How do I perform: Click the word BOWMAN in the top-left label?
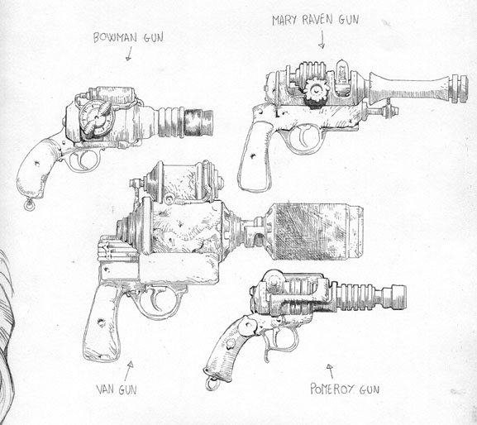(x=115, y=38)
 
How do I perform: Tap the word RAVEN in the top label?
(x=317, y=20)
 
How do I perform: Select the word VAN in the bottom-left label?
(x=106, y=389)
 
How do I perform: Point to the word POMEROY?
(x=332, y=389)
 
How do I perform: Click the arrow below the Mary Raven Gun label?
(x=322, y=41)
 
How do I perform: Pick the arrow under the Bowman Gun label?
(x=129, y=54)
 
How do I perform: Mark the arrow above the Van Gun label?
(x=129, y=371)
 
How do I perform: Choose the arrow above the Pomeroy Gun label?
(x=330, y=371)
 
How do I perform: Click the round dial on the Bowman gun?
(x=97, y=117)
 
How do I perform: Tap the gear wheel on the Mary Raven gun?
(x=317, y=90)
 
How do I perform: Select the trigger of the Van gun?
(x=157, y=301)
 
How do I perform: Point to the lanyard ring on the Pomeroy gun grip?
(x=212, y=384)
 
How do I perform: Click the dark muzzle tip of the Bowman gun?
(x=198, y=122)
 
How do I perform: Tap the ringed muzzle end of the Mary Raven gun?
(x=459, y=88)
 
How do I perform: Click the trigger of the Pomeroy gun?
(x=268, y=345)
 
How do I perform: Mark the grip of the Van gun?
(x=103, y=322)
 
